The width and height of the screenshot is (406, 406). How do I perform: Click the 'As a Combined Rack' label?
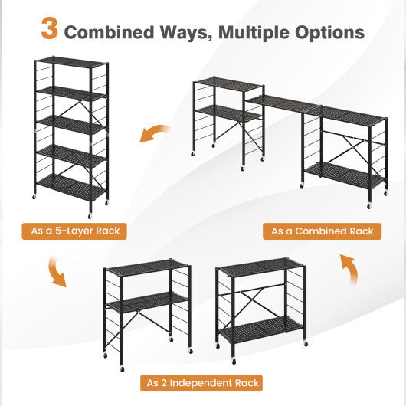(x=322, y=231)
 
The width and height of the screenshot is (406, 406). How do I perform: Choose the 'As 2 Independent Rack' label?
(x=203, y=382)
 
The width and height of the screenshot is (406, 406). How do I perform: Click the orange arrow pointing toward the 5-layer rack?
(x=155, y=133)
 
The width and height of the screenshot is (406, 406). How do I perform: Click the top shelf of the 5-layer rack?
(x=70, y=61)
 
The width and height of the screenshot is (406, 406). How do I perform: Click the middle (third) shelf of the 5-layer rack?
(x=70, y=123)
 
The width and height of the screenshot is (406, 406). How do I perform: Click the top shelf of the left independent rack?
(x=146, y=267)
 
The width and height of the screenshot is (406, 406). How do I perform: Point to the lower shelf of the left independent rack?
(x=146, y=302)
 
